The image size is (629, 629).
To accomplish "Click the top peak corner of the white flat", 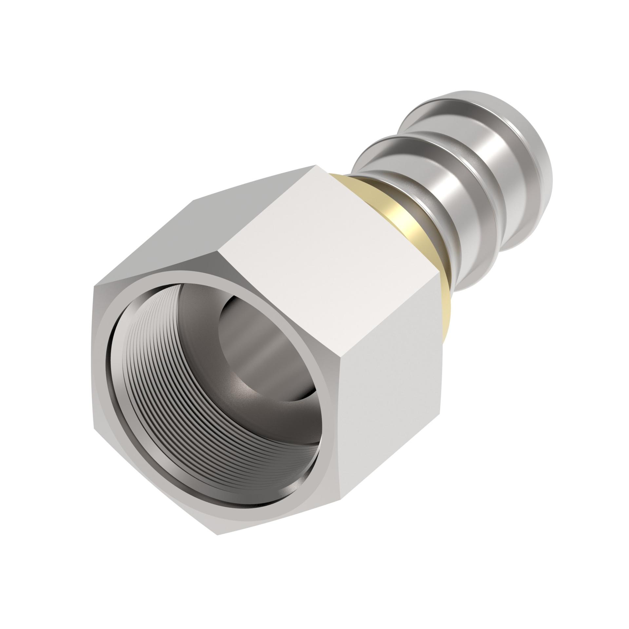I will (x=316, y=165).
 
